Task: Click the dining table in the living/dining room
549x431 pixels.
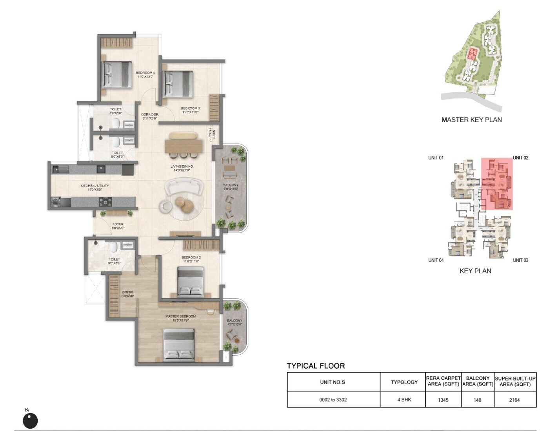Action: (x=184, y=145)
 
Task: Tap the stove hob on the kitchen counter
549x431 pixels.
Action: (x=105, y=202)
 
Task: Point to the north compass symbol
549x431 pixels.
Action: (x=30, y=420)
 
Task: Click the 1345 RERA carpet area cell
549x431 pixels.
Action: (x=443, y=400)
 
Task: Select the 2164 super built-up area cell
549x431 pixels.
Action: (x=514, y=400)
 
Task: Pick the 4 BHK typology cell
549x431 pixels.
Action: (x=404, y=400)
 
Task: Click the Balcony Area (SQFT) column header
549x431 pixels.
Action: (x=477, y=381)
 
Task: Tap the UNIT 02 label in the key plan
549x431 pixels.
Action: (x=520, y=158)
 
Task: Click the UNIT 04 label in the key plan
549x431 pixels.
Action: (x=436, y=260)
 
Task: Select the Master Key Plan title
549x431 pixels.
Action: (x=471, y=120)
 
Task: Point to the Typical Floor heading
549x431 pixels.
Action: (x=316, y=366)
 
